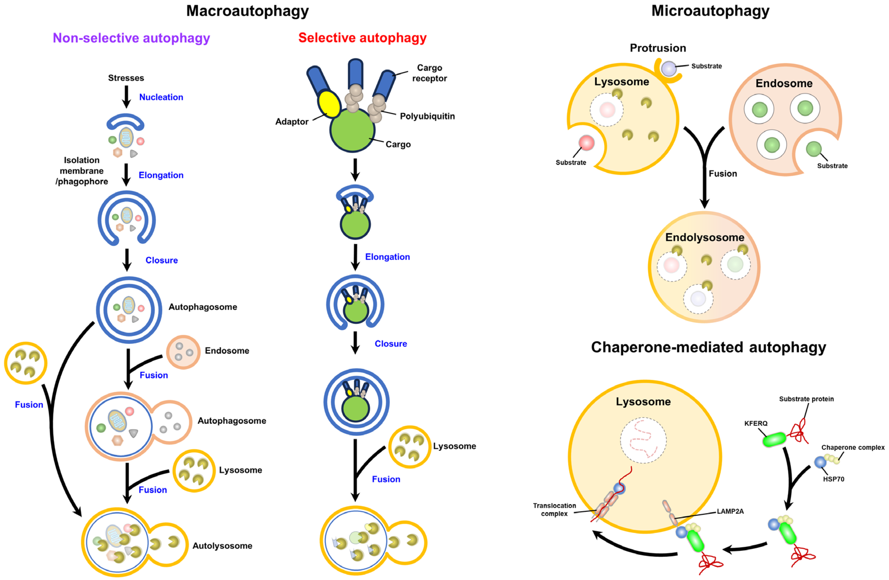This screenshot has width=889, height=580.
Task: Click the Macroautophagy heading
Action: click(x=247, y=11)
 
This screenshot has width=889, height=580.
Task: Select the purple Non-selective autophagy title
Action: click(x=131, y=38)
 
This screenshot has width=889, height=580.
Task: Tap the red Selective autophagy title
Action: click(x=362, y=38)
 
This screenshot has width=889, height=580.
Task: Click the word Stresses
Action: click(x=126, y=78)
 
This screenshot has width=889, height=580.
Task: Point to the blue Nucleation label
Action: click(x=161, y=97)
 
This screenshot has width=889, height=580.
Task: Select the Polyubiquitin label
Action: click(x=427, y=116)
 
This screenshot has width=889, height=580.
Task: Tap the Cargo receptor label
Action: click(x=429, y=73)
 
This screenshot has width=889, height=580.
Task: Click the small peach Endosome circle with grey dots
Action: click(x=183, y=352)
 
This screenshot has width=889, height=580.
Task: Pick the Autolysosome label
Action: click(x=222, y=546)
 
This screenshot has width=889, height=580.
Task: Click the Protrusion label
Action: click(x=658, y=48)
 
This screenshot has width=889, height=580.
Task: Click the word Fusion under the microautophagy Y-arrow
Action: click(x=723, y=174)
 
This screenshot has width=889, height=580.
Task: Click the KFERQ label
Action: click(x=756, y=423)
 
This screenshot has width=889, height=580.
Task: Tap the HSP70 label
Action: click(x=833, y=479)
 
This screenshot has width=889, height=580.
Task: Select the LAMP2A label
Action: click(x=730, y=511)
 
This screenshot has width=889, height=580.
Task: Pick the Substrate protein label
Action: click(x=806, y=399)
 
